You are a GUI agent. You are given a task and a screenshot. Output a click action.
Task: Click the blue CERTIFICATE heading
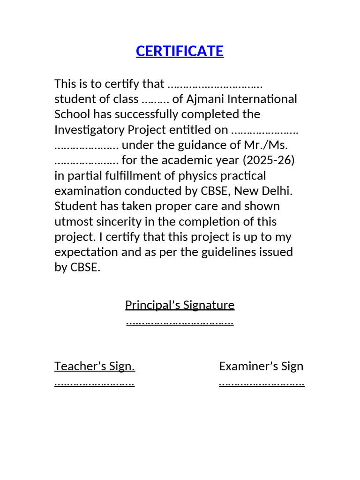click(x=180, y=51)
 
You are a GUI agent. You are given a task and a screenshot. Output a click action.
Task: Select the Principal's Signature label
click(x=180, y=305)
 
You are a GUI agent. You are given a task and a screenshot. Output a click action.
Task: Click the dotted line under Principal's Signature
click(x=180, y=322)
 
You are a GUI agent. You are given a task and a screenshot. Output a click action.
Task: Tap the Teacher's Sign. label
click(x=95, y=366)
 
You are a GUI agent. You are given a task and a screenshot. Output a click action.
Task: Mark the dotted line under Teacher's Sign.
click(x=95, y=383)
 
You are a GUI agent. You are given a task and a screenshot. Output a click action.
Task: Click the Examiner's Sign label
click(x=261, y=366)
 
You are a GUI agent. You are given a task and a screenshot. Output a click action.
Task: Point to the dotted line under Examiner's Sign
click(x=262, y=383)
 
